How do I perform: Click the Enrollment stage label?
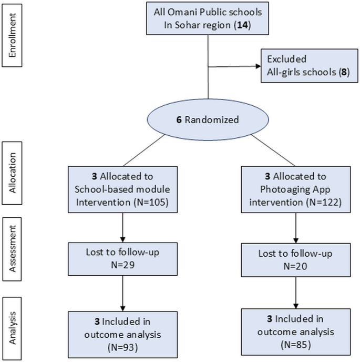13,34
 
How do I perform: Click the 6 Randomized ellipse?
208,119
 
